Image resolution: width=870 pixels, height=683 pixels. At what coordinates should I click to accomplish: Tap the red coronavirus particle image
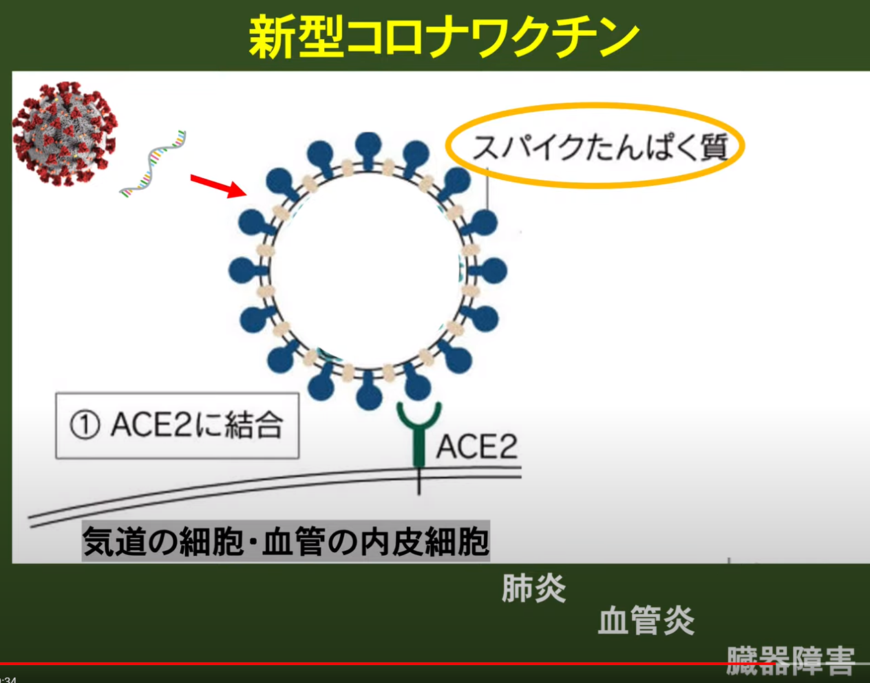65,133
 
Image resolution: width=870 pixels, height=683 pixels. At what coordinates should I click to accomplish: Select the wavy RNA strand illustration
153,164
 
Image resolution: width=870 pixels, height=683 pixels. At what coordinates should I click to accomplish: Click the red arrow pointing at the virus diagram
219,185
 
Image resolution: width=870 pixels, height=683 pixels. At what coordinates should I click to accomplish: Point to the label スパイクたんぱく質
600,147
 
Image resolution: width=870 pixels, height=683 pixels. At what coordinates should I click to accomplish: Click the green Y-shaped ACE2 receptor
418,434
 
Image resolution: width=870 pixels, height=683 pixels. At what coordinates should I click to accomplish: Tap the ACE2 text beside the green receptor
477,446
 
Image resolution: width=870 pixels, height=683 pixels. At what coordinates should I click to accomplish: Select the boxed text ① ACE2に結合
178,425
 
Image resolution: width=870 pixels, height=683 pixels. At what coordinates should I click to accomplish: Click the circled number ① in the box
85,426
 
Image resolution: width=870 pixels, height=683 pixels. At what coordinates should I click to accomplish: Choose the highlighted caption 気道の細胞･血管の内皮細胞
286,541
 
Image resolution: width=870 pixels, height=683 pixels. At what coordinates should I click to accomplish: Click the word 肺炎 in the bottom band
534,588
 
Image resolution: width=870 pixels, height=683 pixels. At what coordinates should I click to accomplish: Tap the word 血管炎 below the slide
646,620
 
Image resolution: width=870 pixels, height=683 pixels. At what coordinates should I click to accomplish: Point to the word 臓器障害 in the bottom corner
791,660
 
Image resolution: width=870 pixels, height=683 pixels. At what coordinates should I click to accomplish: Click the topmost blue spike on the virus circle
368,150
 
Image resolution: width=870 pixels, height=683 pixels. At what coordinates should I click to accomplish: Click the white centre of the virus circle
368,271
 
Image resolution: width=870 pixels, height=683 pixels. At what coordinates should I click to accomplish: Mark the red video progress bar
388,663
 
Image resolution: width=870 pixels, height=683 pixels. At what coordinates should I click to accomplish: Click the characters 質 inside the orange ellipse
714,147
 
